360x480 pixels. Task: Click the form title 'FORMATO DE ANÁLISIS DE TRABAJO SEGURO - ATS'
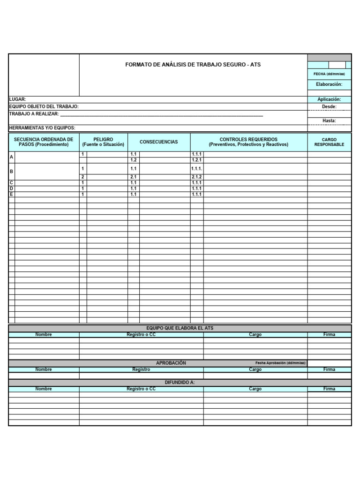(x=193, y=64)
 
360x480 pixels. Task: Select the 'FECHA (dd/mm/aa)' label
(x=329, y=74)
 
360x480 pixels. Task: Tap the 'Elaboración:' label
(x=329, y=84)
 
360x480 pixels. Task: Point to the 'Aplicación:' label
(x=329, y=99)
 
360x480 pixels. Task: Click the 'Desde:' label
(x=329, y=106)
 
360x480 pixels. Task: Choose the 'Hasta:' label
(x=329, y=120)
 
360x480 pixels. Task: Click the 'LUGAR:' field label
(x=18, y=99)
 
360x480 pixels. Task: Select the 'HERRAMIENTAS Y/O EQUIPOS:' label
(x=42, y=128)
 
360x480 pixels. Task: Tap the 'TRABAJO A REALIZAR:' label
(x=34, y=114)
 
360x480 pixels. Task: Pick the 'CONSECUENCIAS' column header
(x=159, y=142)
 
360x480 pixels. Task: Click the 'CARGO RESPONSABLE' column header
(x=329, y=142)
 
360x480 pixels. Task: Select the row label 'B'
(x=12, y=172)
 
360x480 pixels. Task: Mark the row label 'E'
(x=12, y=194)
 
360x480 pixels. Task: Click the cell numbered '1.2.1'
(x=196, y=160)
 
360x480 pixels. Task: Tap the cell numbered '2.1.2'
(x=196, y=177)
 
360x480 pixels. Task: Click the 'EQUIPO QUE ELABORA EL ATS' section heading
(x=180, y=328)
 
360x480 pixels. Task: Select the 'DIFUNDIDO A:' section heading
(x=180, y=382)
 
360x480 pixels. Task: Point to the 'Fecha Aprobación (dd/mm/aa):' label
(x=280, y=363)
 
